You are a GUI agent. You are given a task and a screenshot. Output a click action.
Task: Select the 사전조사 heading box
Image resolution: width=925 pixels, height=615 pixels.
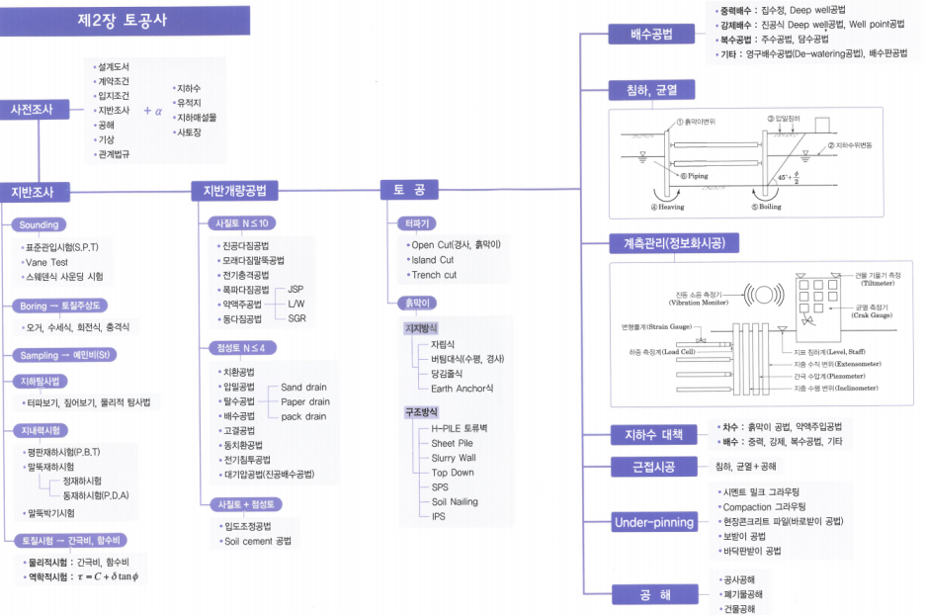tap(33, 109)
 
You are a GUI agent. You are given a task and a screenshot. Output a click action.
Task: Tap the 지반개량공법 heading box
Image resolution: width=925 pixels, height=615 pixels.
tap(234, 191)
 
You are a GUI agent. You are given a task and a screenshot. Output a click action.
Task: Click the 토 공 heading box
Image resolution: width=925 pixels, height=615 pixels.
tap(407, 190)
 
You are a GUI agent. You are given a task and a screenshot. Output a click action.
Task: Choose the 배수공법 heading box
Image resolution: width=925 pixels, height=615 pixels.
tap(651, 35)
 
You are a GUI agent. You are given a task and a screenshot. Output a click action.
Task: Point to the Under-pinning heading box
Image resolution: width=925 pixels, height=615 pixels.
tap(653, 522)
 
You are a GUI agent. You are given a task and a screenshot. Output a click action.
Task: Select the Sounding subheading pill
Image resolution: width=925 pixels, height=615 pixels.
tap(40, 224)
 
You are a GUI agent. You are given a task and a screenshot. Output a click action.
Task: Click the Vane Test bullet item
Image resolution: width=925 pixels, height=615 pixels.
tap(46, 262)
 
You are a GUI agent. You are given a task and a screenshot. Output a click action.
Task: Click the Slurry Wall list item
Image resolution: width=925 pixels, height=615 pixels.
tap(454, 458)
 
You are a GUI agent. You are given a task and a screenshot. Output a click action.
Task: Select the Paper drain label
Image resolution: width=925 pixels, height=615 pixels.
tap(305, 402)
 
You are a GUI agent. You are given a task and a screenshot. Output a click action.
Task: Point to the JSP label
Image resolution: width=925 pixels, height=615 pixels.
tap(295, 290)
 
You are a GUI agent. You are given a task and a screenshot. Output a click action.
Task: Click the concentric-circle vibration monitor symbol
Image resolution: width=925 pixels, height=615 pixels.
tap(761, 295)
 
